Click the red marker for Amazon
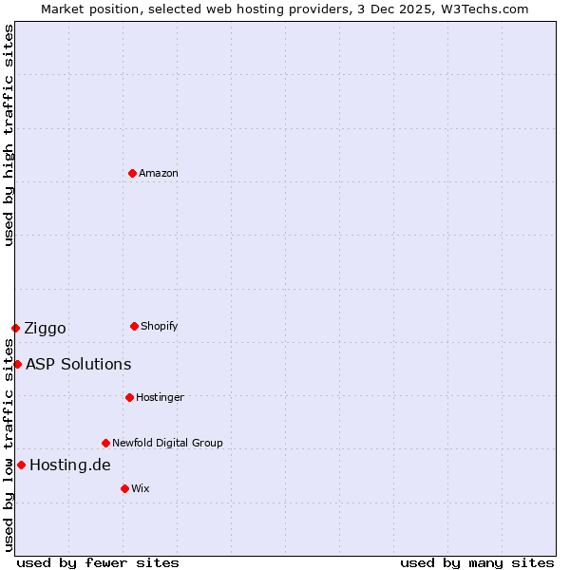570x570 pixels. [132, 173]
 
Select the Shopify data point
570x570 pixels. [134, 326]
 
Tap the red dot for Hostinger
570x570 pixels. [129, 397]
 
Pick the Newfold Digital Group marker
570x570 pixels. [105, 443]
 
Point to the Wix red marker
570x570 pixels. [124, 488]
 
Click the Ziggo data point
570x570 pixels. [15, 328]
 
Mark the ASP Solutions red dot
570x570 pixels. [17, 364]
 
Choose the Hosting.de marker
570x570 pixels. [21, 465]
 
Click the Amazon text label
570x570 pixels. [158, 173]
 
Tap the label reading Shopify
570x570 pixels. [159, 326]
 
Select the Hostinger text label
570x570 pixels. [160, 397]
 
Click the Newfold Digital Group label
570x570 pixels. [167, 443]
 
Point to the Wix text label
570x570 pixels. [140, 488]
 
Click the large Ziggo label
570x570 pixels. [45, 328]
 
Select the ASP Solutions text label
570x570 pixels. [78, 364]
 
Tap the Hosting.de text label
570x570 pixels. [69, 465]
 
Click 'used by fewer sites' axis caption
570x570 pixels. [98, 562]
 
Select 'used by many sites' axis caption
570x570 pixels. [477, 562]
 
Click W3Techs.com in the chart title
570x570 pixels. [490, 9]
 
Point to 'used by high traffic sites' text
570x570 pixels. [9, 135]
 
